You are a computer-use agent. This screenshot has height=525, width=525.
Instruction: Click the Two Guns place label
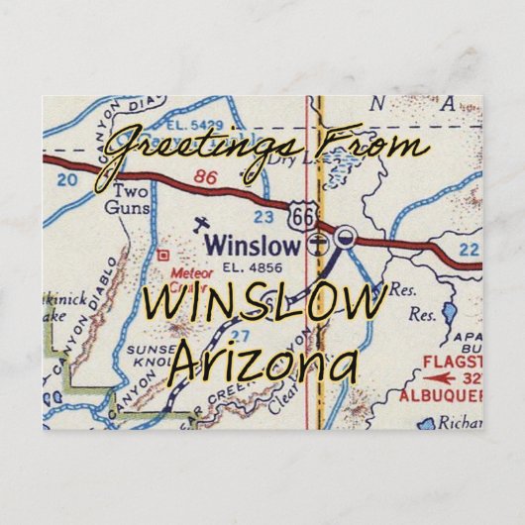(x=132, y=200)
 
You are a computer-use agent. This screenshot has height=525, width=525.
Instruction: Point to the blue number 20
(x=67, y=180)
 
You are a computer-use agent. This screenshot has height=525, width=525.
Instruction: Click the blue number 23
(x=263, y=215)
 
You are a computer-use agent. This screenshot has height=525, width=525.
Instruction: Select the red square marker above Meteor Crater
(x=162, y=255)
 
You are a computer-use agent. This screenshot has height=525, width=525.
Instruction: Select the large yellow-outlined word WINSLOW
(x=262, y=304)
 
